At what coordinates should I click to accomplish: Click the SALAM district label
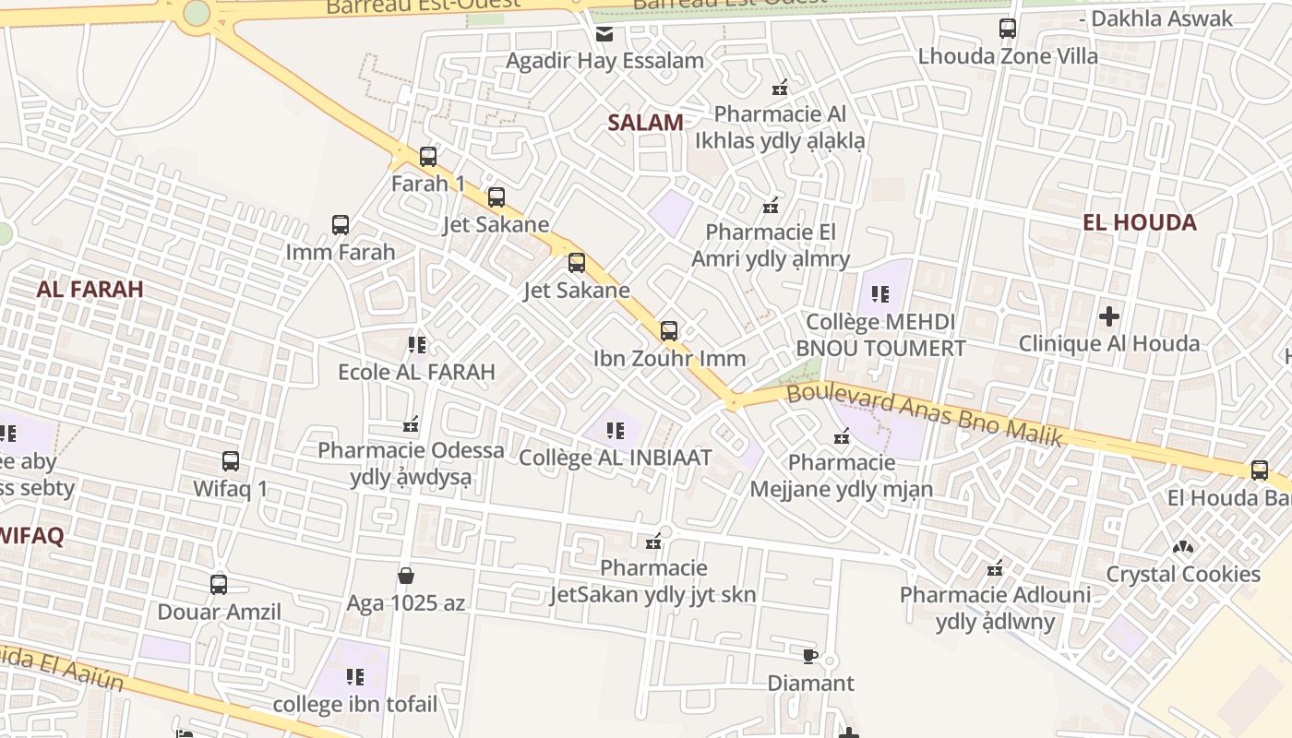point(645,122)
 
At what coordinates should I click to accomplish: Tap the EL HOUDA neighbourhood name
point(1139,222)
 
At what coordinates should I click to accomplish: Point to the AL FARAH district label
point(90,289)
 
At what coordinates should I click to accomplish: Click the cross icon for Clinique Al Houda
point(1108,316)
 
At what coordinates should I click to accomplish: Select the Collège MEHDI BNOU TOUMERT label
point(880,335)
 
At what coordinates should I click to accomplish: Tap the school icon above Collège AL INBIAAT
point(616,430)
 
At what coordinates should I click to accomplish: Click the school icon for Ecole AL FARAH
point(417,345)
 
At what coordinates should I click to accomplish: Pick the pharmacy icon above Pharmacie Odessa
point(411,424)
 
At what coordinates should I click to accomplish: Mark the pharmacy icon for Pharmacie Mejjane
point(842,435)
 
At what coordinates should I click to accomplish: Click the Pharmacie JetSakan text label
point(653,581)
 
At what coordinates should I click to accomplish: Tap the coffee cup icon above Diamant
point(809,656)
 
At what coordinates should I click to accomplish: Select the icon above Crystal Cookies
point(1182,547)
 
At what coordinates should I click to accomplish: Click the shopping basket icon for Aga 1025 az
point(405,577)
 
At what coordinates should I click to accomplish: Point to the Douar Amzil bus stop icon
point(219,584)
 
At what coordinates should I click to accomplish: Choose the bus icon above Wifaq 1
point(231,460)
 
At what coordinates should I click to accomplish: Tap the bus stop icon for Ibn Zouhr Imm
point(669,330)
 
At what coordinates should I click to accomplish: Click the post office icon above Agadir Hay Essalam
point(604,34)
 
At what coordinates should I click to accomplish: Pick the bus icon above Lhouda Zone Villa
point(1008,29)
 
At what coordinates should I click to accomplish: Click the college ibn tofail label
point(355,705)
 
